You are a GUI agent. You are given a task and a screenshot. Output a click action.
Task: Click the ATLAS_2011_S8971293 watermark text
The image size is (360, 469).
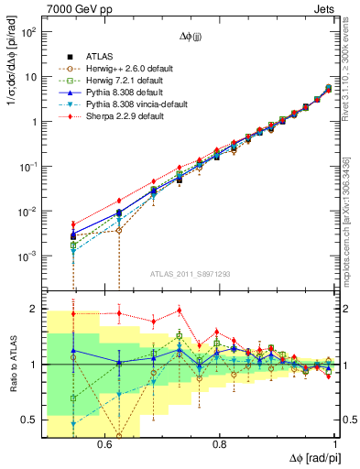pos(191,274)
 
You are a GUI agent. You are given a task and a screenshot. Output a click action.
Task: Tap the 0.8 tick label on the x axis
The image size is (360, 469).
pos(219,445)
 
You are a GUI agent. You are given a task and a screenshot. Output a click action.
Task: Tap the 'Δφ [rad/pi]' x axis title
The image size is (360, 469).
pos(309,458)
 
